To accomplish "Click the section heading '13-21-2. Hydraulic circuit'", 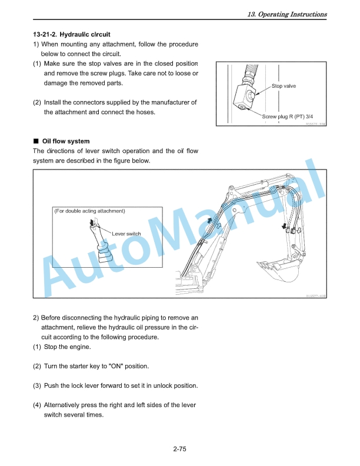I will [72, 35].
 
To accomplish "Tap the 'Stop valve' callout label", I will [284, 86].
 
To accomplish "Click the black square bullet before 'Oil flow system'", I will [36, 141].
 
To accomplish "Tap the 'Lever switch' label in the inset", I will [126, 234].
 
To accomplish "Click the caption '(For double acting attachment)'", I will [89, 211].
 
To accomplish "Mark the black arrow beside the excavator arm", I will [285, 226].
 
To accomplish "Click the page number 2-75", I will [179, 450].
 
